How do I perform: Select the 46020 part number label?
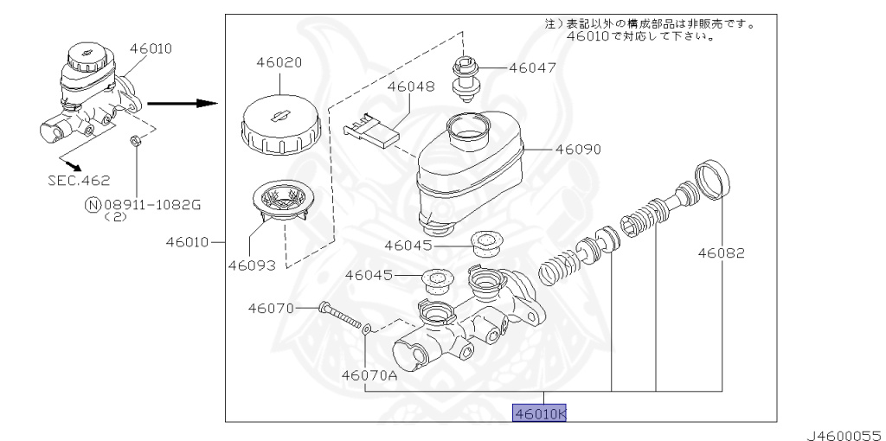pyautogui.click(x=279, y=62)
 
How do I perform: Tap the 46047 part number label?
pyautogui.click(x=532, y=67)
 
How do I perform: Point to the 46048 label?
pyautogui.click(x=411, y=86)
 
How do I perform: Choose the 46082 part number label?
pyautogui.click(x=721, y=253)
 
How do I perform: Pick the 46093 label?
pyautogui.click(x=252, y=265)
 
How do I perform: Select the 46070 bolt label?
pyautogui.click(x=271, y=309)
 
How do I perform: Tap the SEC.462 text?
pyautogui.click(x=79, y=181)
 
